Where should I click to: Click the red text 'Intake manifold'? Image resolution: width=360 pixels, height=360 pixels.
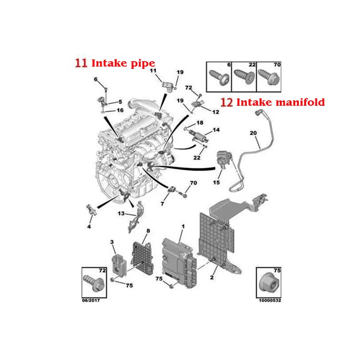(280, 103)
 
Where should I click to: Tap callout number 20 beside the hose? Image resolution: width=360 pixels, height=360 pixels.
(252, 133)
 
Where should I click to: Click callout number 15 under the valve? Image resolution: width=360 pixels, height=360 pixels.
(216, 182)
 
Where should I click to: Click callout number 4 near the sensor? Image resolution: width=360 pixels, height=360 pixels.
(89, 226)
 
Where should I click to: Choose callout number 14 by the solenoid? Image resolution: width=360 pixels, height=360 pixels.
(216, 130)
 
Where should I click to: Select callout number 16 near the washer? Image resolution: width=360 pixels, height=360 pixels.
(120, 110)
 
